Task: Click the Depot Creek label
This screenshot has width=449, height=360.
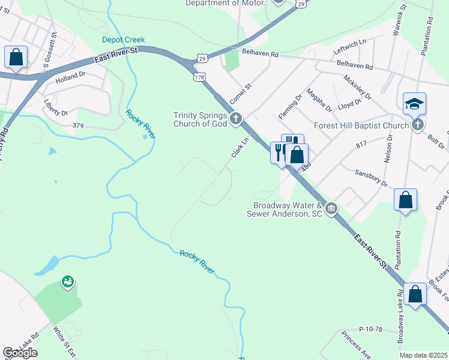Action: click(x=119, y=40)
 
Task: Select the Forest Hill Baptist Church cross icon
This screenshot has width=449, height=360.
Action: click(x=418, y=125)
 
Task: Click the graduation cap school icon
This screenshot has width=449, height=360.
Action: click(x=414, y=104)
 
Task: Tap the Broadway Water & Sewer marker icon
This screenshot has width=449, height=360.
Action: click(x=331, y=209)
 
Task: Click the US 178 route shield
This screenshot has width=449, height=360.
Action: click(x=199, y=77)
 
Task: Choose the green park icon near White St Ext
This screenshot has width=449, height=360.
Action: click(x=67, y=281)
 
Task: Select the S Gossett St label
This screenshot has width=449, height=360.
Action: click(x=55, y=44)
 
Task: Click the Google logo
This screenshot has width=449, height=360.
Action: click(x=20, y=353)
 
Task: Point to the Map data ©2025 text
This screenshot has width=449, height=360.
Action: click(x=423, y=355)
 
